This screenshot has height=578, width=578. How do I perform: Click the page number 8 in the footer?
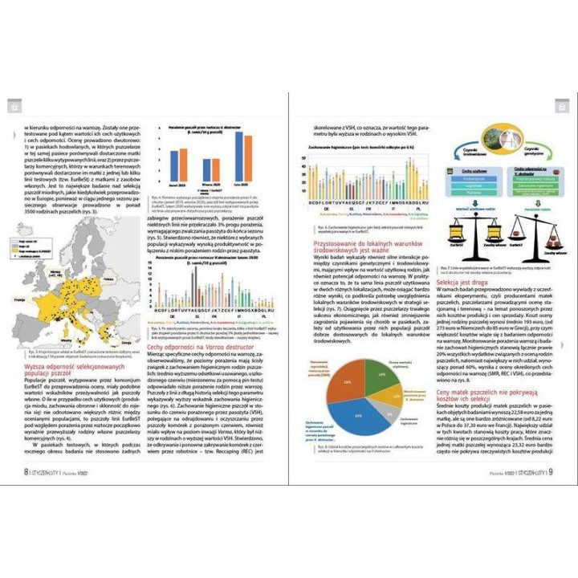26,470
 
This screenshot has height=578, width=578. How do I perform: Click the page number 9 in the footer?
552,470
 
